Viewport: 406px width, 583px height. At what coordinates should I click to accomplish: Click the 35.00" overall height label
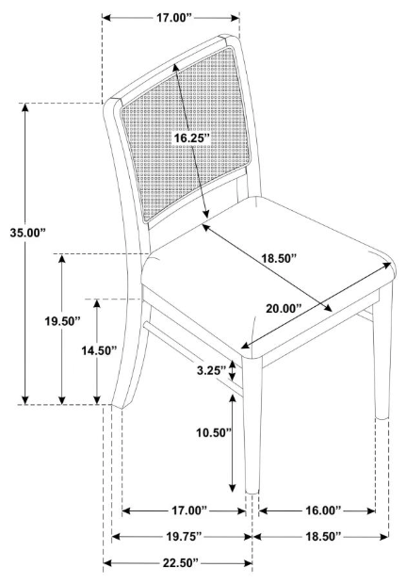click(27, 234)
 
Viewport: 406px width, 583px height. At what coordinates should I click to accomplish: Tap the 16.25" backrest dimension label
click(192, 138)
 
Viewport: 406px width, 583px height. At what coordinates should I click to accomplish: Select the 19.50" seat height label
click(63, 321)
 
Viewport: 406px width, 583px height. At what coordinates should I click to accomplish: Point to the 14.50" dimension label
click(99, 350)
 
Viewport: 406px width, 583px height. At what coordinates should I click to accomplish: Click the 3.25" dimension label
click(211, 370)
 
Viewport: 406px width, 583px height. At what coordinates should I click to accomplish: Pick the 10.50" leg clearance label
click(214, 432)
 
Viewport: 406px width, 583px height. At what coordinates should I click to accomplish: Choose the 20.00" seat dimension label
click(284, 308)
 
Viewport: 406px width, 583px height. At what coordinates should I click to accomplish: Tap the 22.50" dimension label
click(180, 563)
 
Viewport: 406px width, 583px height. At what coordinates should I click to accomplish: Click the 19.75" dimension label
click(184, 536)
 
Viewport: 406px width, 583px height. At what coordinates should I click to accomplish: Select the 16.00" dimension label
click(323, 510)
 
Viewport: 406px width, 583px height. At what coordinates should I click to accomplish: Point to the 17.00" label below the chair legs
click(189, 510)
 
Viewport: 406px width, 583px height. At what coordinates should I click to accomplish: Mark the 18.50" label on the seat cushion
click(279, 258)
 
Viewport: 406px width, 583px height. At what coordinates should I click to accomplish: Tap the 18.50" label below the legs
click(323, 536)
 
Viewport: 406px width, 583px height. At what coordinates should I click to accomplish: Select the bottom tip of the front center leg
click(252, 493)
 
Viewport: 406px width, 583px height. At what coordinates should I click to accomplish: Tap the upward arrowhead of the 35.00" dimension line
click(24, 107)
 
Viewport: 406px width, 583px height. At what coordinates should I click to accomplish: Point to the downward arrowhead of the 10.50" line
click(233, 488)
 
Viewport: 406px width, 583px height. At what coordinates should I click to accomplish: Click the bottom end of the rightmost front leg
click(382, 418)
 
